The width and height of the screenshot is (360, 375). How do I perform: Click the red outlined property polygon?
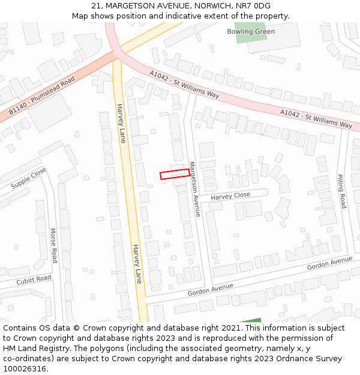175,174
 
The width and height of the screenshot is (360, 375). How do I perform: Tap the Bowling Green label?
251,32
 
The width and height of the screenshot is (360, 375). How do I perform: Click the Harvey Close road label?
230,196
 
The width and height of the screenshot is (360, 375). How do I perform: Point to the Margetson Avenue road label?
194,188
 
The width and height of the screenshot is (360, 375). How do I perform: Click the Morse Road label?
53,245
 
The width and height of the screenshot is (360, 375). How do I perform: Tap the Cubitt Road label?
34,280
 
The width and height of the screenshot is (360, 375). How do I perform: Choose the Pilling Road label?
341,191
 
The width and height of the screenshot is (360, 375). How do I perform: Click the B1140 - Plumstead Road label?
41,95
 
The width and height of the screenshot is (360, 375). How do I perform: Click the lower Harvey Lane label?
137,264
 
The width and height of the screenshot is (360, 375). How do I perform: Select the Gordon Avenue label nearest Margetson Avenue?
210,289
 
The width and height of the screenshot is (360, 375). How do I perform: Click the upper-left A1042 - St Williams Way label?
184,85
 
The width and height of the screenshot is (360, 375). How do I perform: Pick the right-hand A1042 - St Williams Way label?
316,118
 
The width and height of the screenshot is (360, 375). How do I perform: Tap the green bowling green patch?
250,33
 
